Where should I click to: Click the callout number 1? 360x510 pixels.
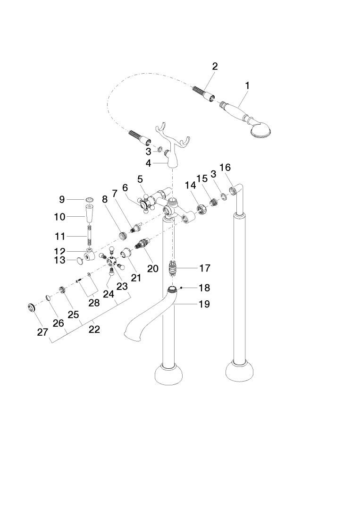pyautogui.click(x=247, y=86)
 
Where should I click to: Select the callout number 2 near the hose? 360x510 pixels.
pyautogui.click(x=215, y=67)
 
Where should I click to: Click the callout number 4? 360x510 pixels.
pyautogui.click(x=149, y=163)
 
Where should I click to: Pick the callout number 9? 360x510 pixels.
pyautogui.click(x=62, y=200)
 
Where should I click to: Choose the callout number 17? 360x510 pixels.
pyautogui.click(x=204, y=268)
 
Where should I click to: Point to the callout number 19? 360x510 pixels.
pyautogui.click(x=204, y=304)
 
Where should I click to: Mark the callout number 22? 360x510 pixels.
pyautogui.click(x=94, y=330)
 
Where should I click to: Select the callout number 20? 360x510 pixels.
pyautogui.click(x=152, y=268)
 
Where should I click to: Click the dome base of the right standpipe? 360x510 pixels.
pyautogui.click(x=243, y=370)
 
